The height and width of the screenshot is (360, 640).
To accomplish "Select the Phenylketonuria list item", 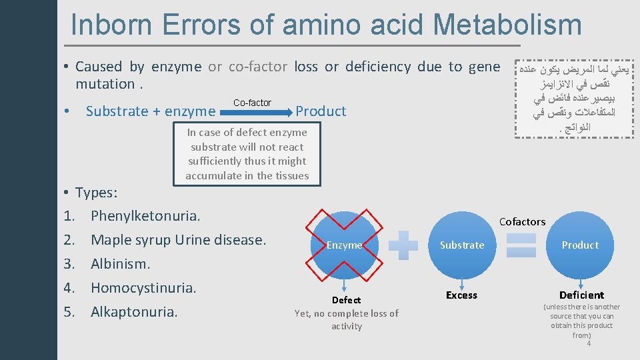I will (x=145, y=216).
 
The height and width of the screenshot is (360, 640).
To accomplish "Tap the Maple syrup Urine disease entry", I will (x=178, y=240).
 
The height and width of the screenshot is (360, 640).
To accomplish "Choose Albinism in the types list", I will (x=120, y=264).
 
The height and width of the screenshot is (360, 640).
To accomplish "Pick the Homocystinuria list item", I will (x=143, y=288).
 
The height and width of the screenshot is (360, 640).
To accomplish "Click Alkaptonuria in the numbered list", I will (x=134, y=312).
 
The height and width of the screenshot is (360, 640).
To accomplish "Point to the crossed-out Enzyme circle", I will (x=344, y=245).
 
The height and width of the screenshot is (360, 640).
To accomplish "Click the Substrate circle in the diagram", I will (x=462, y=245).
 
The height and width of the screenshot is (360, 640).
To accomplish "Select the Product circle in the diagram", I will (x=580, y=245).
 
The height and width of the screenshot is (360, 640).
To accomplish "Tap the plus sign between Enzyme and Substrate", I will (x=403, y=245).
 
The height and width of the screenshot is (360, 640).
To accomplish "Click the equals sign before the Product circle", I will (x=521, y=245).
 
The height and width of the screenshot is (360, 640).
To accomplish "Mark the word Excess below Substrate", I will (x=462, y=295).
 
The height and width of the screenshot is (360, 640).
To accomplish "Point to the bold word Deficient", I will (x=581, y=295).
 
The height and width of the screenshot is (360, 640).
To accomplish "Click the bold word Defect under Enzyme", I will (x=347, y=300).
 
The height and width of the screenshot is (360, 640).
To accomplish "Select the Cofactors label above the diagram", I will (x=522, y=221).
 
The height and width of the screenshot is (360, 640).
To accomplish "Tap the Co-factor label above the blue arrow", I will (x=252, y=103).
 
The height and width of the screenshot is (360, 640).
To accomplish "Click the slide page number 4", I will (x=589, y=343).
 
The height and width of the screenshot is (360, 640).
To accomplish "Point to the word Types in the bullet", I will (x=96, y=193).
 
